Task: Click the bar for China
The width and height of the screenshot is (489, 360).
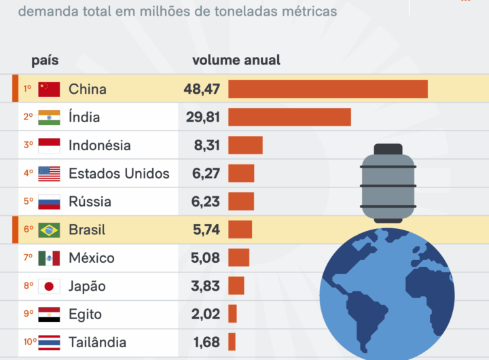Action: (327, 89)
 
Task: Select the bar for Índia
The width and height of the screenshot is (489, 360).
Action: (289, 117)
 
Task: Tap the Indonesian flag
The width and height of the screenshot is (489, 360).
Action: (49, 145)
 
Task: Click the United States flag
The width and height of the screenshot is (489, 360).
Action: (49, 173)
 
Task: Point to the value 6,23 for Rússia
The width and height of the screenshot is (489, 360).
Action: (206, 202)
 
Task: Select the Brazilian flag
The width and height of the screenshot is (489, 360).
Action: (49, 230)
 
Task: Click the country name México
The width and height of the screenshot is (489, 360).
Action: (92, 258)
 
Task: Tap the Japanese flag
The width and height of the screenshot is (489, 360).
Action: (49, 286)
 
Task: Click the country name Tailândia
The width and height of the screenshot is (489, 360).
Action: (97, 342)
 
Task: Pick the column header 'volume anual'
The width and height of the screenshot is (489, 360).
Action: (236, 60)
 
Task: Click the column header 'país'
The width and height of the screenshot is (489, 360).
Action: (45, 60)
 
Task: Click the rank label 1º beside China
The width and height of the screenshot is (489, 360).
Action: (28, 89)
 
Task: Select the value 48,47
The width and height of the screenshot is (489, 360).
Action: (202, 89)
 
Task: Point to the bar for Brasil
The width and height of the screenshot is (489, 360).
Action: (240, 230)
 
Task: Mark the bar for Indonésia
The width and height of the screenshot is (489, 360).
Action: (245, 145)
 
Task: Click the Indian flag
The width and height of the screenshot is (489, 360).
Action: (49, 117)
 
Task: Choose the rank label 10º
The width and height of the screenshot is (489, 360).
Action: (30, 342)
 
